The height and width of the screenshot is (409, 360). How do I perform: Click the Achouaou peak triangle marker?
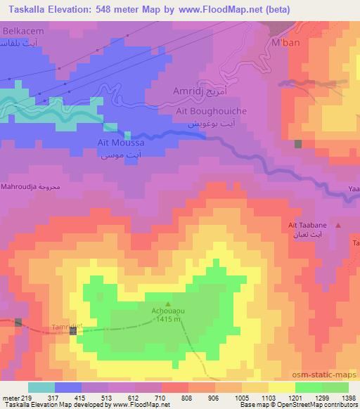(167, 304)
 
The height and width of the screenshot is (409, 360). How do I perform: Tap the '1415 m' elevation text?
(167, 319)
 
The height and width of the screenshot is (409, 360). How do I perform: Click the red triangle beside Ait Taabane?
(340, 225)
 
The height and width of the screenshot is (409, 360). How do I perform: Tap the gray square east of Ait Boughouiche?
(298, 144)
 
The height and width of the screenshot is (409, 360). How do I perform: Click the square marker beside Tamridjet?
(74, 330)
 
